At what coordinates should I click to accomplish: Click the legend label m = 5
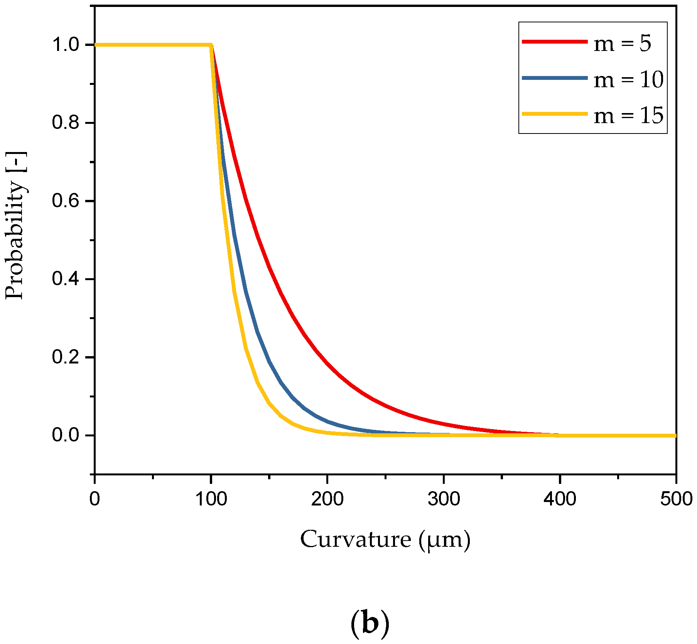pyautogui.click(x=622, y=44)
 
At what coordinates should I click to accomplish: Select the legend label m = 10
pyautogui.click(x=628, y=80)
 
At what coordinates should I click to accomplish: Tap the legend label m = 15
pyautogui.click(x=628, y=115)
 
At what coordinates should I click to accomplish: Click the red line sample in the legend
pyautogui.click(x=554, y=41)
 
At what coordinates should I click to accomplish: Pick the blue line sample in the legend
pyautogui.click(x=554, y=78)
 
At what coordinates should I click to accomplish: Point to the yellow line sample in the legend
pyautogui.click(x=554, y=114)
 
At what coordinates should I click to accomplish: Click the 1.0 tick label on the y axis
pyautogui.click(x=66, y=45)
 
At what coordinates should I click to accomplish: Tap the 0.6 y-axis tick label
pyautogui.click(x=66, y=201)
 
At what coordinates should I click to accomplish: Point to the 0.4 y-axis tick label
pyautogui.click(x=66, y=279)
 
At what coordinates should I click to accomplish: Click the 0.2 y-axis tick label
pyautogui.click(x=66, y=357)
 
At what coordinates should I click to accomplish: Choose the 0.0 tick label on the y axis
pyautogui.click(x=66, y=435)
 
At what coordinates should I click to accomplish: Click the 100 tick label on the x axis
pyautogui.click(x=211, y=499)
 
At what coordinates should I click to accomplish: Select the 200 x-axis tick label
pyautogui.click(x=327, y=499)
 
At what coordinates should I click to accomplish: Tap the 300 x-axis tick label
pyautogui.click(x=444, y=499)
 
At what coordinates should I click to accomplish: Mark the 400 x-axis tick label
pyautogui.click(x=560, y=499)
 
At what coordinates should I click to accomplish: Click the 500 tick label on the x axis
pyautogui.click(x=676, y=499)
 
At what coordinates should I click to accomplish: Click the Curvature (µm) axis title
pyautogui.click(x=385, y=540)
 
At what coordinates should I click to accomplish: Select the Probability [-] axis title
pyautogui.click(x=15, y=226)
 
